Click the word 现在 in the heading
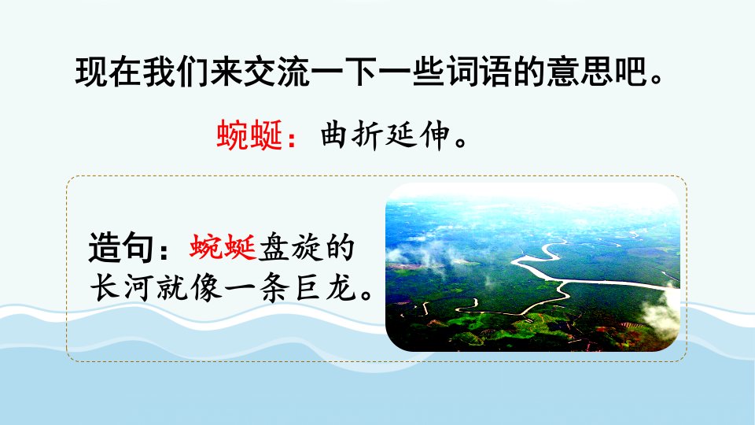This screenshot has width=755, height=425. click(109, 72)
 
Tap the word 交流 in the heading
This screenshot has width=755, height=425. click(277, 72)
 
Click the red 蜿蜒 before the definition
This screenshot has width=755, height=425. click(249, 135)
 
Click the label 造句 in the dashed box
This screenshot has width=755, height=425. click(121, 248)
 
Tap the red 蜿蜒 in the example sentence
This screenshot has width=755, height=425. click(223, 248)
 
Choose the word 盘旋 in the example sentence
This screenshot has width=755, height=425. click(289, 248)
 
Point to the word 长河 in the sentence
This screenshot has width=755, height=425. click(123, 288)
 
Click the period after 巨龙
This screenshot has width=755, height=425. click(366, 294)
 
